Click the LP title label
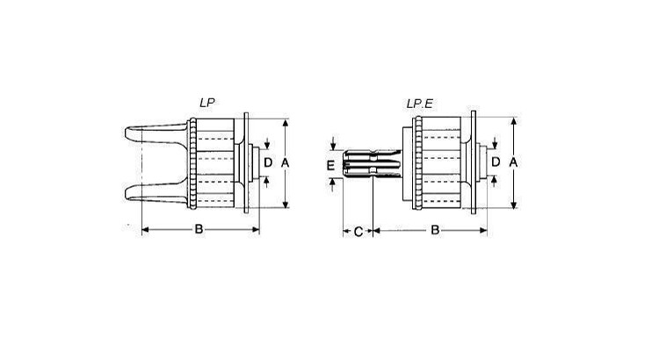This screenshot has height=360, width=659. point(207,103)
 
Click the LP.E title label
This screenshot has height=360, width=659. point(419,104)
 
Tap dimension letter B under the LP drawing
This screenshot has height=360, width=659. point(199,230)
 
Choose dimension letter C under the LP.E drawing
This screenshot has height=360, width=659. point(358,231)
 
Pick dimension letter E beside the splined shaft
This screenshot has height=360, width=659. point(331,165)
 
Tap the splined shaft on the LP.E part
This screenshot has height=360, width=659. point(369,165)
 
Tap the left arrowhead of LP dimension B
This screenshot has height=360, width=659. point(145,230)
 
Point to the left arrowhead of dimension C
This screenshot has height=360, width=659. point(344,231)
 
